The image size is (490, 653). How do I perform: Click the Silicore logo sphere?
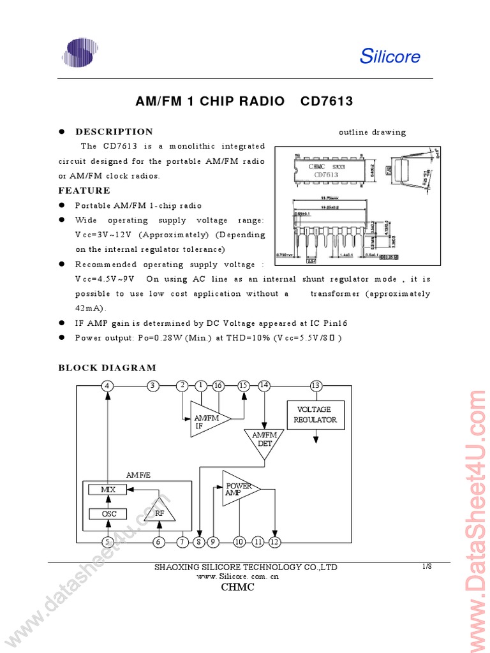coord(80,54)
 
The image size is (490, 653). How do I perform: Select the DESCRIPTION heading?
coord(114,132)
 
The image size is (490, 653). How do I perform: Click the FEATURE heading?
coord(84,191)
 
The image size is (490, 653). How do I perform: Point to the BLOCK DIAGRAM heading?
coord(107,368)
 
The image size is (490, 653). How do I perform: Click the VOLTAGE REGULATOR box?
coord(315,415)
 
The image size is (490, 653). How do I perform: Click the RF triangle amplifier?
coord(159,510)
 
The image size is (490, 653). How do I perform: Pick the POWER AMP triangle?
coord(238,488)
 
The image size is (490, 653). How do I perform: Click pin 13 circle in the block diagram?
coord(315,385)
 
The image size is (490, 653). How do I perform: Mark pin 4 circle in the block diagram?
coord(108,385)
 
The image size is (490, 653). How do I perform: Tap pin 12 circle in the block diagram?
coord(274,542)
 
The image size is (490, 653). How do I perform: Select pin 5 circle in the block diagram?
coord(108,542)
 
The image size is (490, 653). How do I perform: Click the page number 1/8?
coord(427,566)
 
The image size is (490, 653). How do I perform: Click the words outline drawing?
coord(372,133)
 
